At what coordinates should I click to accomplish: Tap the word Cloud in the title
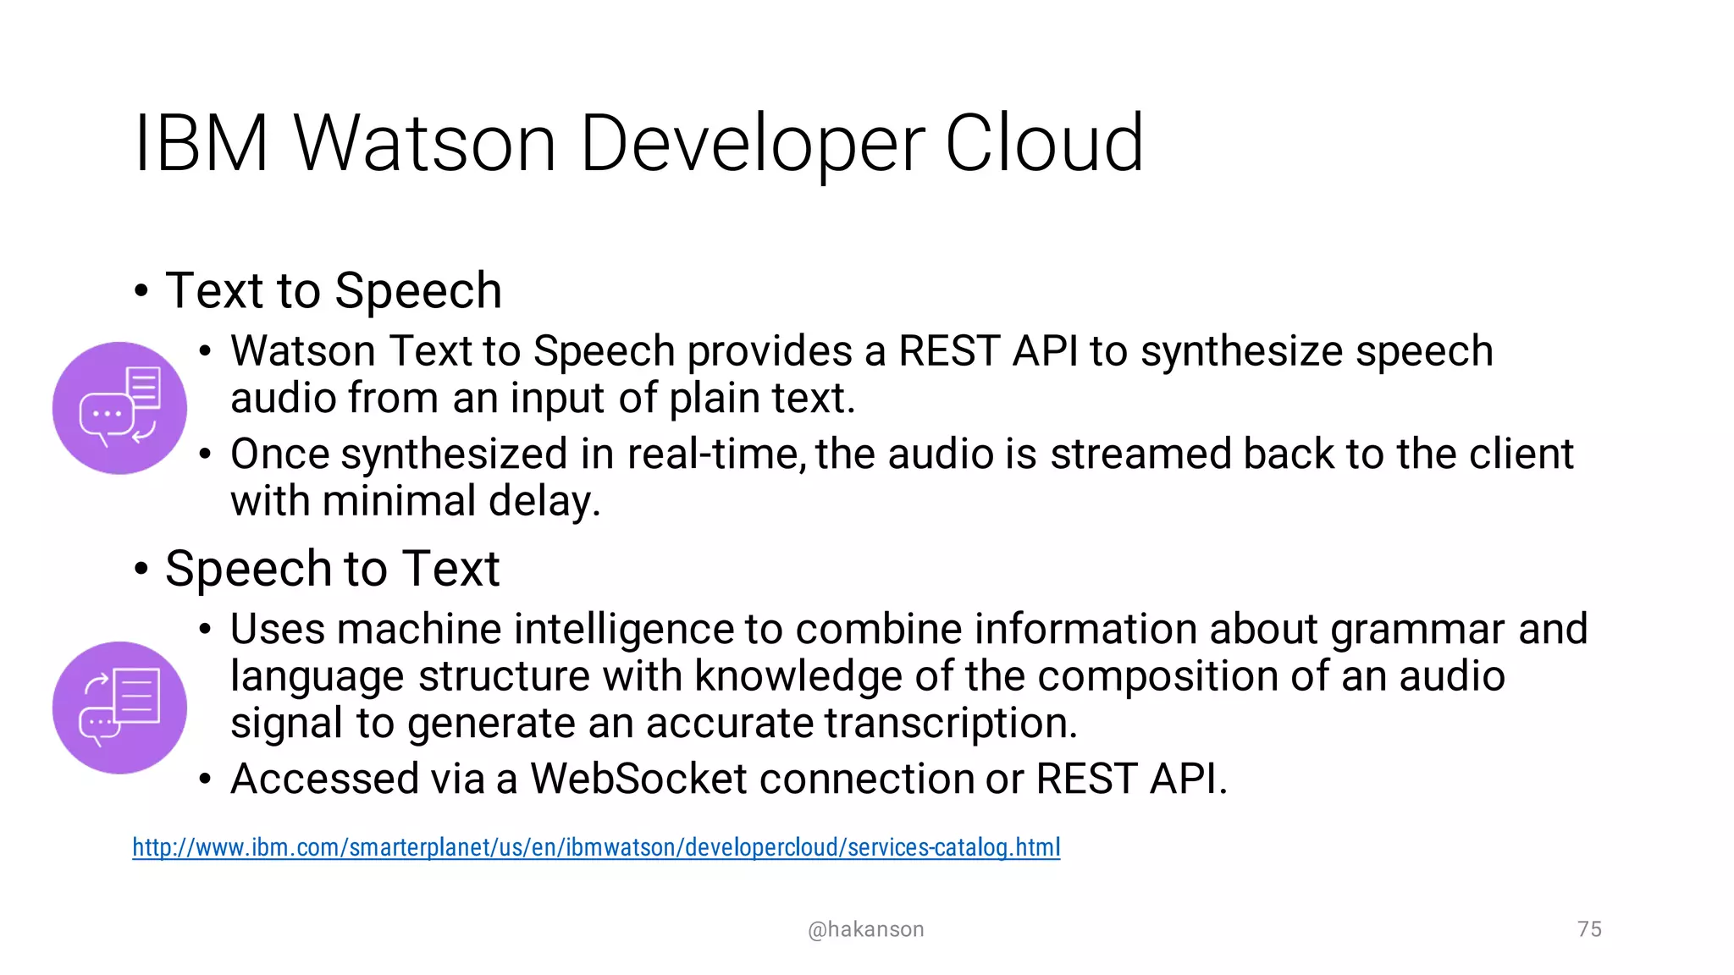1043,144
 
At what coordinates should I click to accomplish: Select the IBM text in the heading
202,144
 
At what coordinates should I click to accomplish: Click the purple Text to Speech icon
119,408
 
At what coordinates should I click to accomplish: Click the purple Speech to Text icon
119,708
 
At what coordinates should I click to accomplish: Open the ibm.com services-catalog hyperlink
596,847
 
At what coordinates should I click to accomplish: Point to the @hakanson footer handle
865,929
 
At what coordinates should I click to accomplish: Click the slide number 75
1589,929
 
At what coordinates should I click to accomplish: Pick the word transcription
951,724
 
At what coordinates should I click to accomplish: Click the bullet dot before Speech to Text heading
141,569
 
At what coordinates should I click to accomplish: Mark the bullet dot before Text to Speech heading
141,291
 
